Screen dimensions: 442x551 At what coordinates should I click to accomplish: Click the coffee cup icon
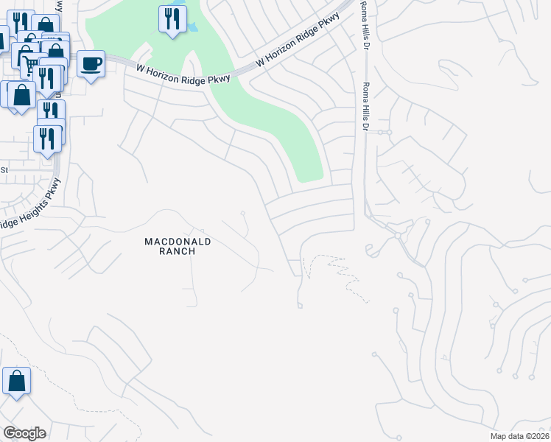coord(91,64)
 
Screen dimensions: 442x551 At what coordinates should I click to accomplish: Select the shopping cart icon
coord(26,57)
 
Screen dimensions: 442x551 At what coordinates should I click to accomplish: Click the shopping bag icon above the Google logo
coord(16,381)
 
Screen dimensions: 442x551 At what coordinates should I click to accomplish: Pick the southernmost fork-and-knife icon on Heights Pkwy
coord(47,138)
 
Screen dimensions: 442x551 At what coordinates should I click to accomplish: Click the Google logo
coord(24,432)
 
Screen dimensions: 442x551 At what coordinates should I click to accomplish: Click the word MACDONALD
coord(178,241)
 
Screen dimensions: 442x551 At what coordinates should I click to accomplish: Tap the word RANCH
coord(178,251)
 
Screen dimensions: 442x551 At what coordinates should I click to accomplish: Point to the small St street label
coord(4,169)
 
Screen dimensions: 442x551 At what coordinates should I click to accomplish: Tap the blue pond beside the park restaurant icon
coord(193,27)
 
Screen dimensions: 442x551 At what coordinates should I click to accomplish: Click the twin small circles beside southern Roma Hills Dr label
coord(385,133)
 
